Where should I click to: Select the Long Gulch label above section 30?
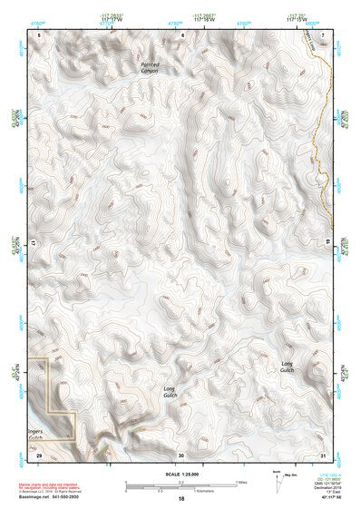169,391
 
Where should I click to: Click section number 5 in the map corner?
39,34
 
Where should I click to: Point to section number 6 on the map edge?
182,34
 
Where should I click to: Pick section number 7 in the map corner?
324,34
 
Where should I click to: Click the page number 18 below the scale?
181,499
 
